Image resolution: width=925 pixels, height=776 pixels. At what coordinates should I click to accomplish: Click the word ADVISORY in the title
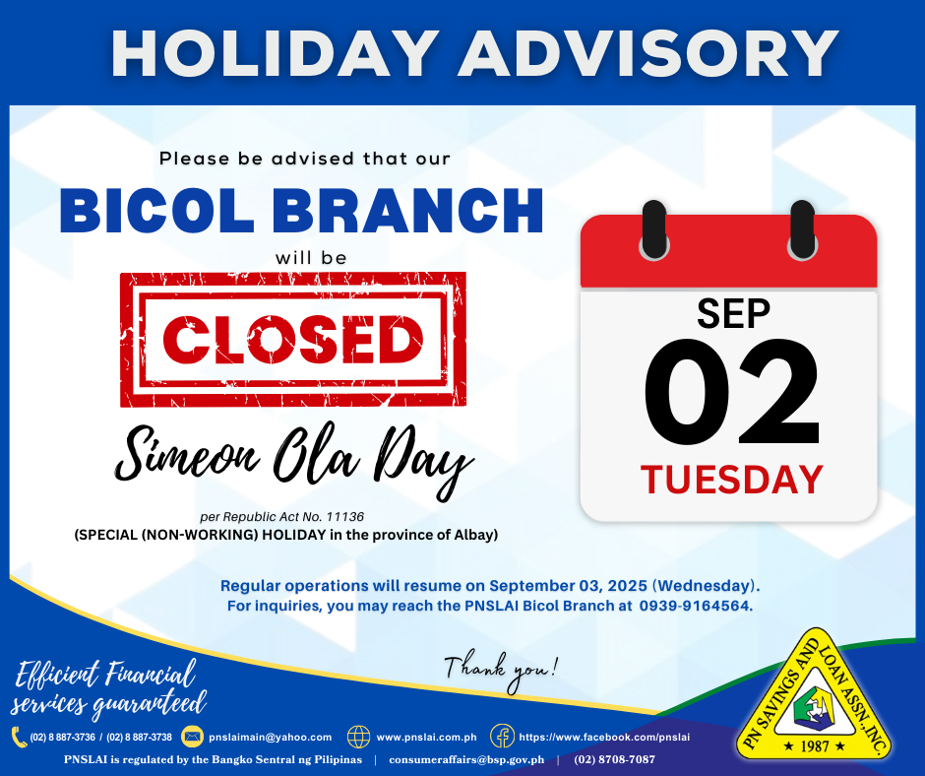(648, 53)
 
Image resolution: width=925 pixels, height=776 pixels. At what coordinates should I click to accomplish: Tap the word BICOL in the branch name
(156, 210)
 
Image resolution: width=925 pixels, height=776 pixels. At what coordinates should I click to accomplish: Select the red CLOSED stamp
(293, 340)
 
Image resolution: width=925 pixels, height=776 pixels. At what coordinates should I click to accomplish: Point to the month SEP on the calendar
(733, 313)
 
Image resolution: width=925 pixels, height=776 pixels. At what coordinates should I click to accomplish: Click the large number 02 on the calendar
(731, 392)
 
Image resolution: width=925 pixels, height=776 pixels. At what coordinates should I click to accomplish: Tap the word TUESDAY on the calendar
(731, 480)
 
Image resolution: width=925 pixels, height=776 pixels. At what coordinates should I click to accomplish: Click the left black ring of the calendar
(653, 230)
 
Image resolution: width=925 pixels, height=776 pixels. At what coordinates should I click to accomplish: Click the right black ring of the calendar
(802, 230)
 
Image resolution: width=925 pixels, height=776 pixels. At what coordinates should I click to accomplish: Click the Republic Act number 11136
(345, 517)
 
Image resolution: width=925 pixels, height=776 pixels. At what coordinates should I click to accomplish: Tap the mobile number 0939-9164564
(695, 606)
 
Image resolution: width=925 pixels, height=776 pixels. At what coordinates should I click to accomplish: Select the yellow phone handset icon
(19, 737)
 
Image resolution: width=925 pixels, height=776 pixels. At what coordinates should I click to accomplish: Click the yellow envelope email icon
(192, 737)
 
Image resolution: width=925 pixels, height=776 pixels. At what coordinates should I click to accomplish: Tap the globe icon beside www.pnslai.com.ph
(358, 737)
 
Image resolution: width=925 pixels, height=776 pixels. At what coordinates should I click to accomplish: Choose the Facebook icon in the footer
(502, 737)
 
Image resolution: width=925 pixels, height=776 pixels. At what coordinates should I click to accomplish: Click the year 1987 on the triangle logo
(814, 746)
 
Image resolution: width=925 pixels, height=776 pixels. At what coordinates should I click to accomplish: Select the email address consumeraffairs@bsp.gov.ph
(466, 760)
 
